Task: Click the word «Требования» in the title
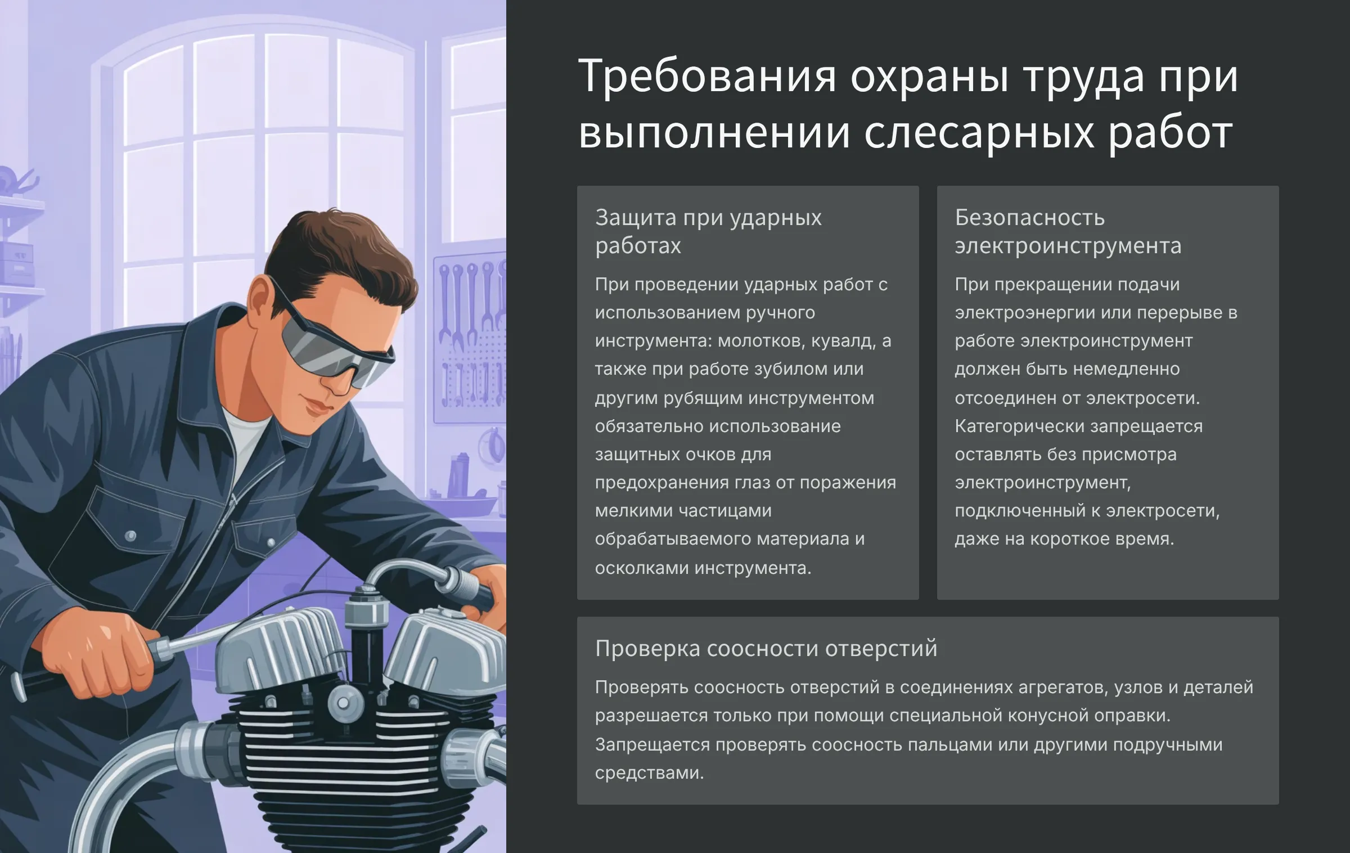[707, 77]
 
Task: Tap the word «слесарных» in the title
[979, 134]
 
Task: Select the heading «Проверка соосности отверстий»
[766, 649]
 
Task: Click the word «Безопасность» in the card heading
[1029, 217]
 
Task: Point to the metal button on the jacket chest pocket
[130, 535]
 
